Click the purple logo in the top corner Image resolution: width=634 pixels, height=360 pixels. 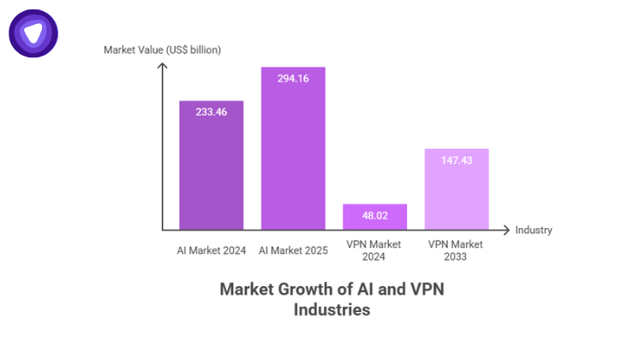tap(33, 33)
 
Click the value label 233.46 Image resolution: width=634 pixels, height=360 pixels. tap(211, 112)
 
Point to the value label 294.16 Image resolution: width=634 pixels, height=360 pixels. tap(293, 79)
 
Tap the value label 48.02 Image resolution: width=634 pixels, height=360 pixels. tap(374, 216)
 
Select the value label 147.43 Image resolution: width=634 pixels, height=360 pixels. tap(457, 160)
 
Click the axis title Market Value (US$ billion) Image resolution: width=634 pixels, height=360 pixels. tap(162, 50)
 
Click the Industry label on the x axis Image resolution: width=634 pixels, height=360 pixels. tap(533, 230)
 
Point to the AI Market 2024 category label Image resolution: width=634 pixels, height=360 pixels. tap(211, 250)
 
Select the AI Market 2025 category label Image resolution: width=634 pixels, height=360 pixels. tap(293, 250)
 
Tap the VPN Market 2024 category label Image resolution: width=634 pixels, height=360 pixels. tap(374, 250)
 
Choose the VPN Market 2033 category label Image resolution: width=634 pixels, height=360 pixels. tap(457, 250)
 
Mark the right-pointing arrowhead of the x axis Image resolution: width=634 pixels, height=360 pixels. tap(507, 230)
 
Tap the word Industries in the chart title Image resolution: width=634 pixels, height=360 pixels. tap(332, 309)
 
